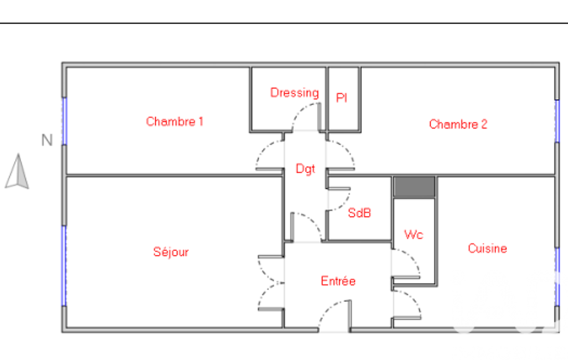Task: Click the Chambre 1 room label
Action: pos(174,121)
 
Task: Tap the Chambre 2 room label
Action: pos(458,124)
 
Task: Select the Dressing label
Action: pos(294,92)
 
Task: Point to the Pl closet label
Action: pos(341,97)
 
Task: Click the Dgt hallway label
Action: pos(305,169)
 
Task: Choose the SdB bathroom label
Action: pos(359,213)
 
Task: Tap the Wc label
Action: pos(414,234)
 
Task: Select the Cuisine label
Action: pos(487,248)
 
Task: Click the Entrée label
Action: pos(339,281)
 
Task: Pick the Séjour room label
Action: pos(171,251)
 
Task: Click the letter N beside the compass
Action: pos(47,140)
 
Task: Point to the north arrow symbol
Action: pos(17,171)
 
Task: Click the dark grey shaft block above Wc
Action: pos(415,187)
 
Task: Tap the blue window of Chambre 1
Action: pos(64,121)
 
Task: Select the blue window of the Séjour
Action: pos(64,266)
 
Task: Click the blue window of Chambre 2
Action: pos(557,121)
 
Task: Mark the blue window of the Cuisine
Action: pos(557,277)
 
